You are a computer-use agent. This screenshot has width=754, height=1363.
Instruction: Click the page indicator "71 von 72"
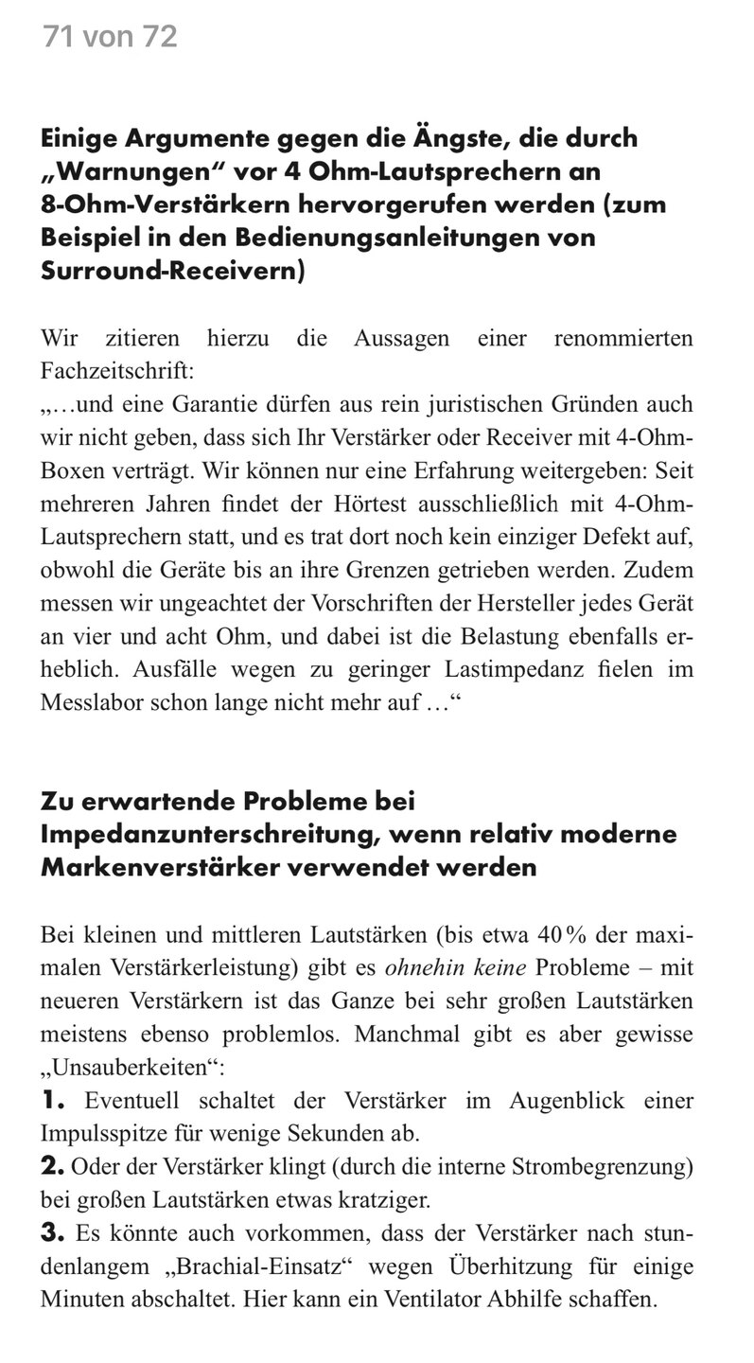click(110, 38)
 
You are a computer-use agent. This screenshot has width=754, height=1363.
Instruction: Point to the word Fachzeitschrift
click(121, 373)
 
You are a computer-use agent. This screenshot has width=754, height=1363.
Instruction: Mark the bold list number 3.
click(53, 1233)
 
